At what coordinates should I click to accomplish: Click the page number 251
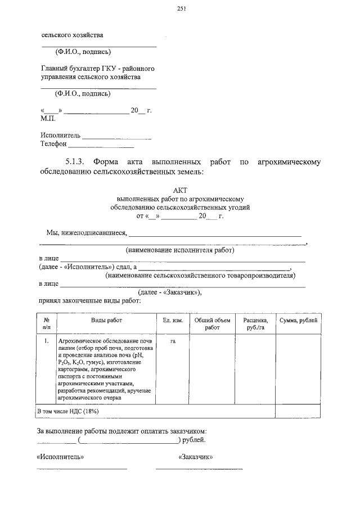coord(181,8)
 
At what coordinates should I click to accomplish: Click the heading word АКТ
coord(180,190)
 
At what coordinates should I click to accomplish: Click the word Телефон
coord(53,144)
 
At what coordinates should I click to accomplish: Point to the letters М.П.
coord(48,119)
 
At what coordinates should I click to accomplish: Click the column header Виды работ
coord(106,320)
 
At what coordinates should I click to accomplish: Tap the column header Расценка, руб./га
coord(255,323)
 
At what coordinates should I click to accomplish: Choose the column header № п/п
coord(47,323)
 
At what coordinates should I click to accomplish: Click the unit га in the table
coord(173,341)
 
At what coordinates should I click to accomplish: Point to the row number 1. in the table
coord(46,341)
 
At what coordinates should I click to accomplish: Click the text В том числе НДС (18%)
coord(67,412)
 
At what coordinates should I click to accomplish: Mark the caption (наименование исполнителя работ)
coord(179,250)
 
